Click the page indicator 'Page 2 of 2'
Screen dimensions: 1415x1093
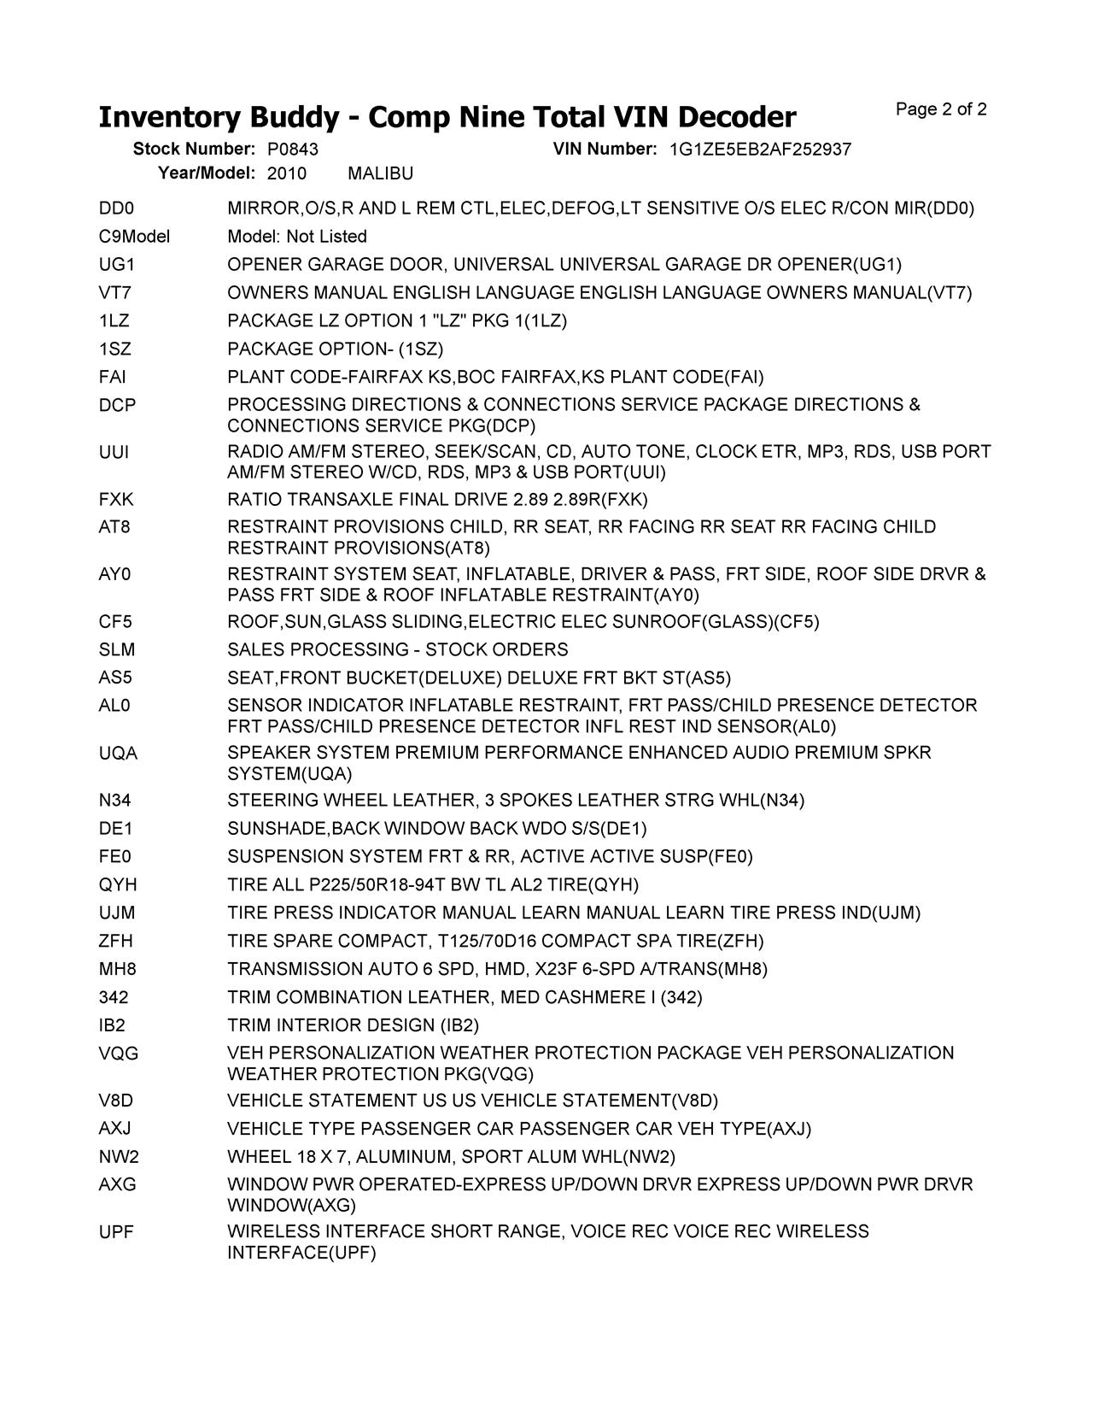coord(941,109)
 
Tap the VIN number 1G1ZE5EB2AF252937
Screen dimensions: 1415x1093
coord(760,150)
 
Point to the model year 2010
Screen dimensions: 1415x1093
coord(286,174)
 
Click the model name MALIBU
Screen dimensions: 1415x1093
coord(380,174)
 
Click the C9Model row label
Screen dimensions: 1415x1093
coord(134,237)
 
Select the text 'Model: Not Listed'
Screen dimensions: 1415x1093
coord(297,237)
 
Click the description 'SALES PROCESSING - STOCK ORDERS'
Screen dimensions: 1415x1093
coord(397,650)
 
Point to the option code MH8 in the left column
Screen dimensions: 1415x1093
coord(117,969)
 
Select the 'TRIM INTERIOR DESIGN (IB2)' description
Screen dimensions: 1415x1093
coord(353,1025)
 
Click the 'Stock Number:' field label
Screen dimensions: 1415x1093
coord(194,150)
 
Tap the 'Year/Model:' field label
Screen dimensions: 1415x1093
coord(207,173)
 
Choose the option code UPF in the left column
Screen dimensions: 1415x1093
coord(116,1232)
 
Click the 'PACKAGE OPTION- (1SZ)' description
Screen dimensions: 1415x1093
coord(335,349)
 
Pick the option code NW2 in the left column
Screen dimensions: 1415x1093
coord(118,1157)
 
